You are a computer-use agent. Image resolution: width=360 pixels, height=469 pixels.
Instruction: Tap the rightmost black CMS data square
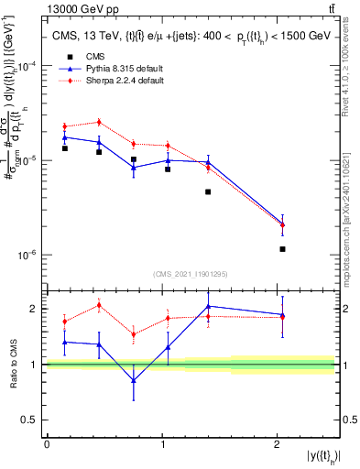pos(282,249)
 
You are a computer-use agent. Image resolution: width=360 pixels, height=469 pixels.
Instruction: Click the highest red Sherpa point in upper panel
pos(99,122)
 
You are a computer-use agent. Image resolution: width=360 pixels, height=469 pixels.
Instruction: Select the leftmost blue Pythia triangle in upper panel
pos(65,137)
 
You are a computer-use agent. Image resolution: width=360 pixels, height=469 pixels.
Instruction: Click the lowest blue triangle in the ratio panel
pos(134,380)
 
